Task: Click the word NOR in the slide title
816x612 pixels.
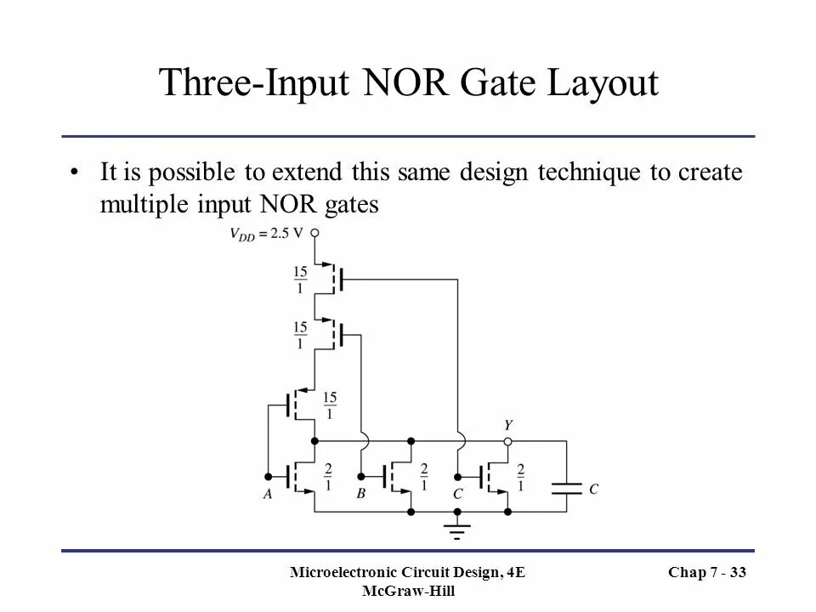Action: tap(406, 85)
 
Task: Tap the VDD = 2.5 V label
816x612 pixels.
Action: tap(268, 234)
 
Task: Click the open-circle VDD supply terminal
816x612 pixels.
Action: tap(314, 233)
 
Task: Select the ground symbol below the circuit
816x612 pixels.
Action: tap(458, 529)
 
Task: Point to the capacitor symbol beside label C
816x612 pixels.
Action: tap(566, 488)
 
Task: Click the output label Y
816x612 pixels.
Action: tap(508, 425)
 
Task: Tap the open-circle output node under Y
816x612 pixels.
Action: tap(508, 442)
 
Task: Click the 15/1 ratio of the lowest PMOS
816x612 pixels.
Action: tap(330, 405)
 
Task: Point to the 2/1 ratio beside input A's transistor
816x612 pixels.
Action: tap(328, 477)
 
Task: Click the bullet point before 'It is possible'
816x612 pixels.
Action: tap(76, 173)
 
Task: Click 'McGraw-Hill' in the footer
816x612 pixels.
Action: tap(408, 592)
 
